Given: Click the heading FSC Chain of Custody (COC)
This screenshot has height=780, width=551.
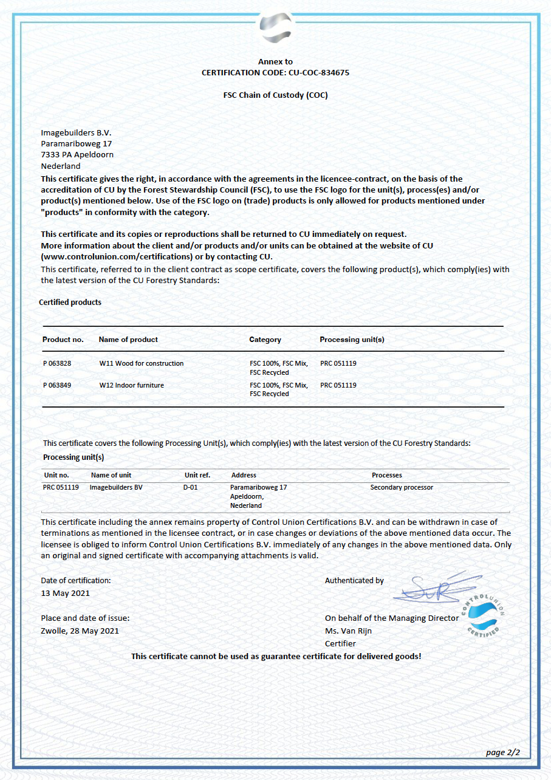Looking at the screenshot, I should tap(275, 95).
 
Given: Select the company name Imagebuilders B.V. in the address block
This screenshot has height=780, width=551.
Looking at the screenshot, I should tap(77, 132).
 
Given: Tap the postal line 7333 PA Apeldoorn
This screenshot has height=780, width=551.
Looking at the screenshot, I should tap(77, 154).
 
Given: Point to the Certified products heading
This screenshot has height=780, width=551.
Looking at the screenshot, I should tap(70, 302).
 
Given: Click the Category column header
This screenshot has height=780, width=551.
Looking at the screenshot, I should tap(265, 340).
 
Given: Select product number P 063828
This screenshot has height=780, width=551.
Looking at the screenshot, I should tap(57, 363).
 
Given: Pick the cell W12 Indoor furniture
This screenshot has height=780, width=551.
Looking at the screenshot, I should tap(132, 385).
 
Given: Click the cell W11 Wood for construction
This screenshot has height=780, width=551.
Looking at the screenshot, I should tap(142, 363).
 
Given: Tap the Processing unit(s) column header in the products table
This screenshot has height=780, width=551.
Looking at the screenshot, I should tap(352, 340).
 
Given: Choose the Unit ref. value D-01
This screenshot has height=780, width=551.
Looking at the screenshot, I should tap(191, 487).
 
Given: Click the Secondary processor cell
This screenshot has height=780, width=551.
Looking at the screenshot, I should tap(402, 487).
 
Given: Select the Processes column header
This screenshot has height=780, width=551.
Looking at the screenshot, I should tap(387, 475).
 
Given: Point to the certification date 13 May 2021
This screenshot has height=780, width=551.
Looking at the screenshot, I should tap(65, 593).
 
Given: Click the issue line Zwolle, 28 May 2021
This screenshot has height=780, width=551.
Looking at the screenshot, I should tap(80, 631).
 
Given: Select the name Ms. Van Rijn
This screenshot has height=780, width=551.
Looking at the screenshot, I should tap(348, 631).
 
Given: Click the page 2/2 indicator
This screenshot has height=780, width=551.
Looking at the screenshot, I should tap(503, 753).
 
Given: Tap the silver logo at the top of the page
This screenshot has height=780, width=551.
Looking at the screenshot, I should tap(275, 27).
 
